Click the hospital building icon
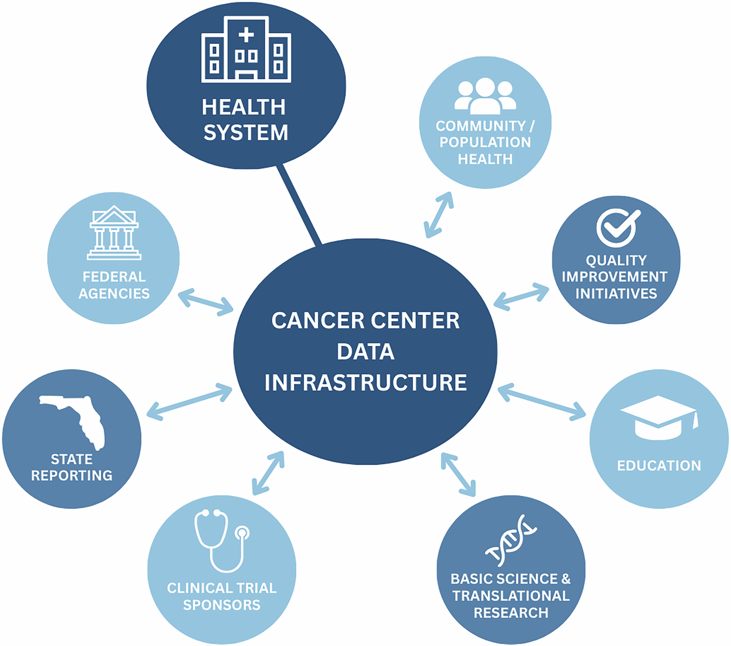[x=246, y=50]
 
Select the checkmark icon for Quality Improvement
[x=617, y=228]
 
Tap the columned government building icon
[x=114, y=233]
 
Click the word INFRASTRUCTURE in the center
[x=365, y=383]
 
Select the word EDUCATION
[x=659, y=466]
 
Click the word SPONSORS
[x=221, y=605]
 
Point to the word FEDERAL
[x=114, y=277]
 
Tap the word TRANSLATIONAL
[x=511, y=596]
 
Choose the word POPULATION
[x=485, y=142]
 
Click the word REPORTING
[x=71, y=475]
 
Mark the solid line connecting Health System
[x=299, y=204]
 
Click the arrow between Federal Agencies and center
[x=206, y=302]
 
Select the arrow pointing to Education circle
[x=541, y=402]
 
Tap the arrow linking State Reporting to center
[x=190, y=401]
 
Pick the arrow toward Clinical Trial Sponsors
[x=268, y=473]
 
